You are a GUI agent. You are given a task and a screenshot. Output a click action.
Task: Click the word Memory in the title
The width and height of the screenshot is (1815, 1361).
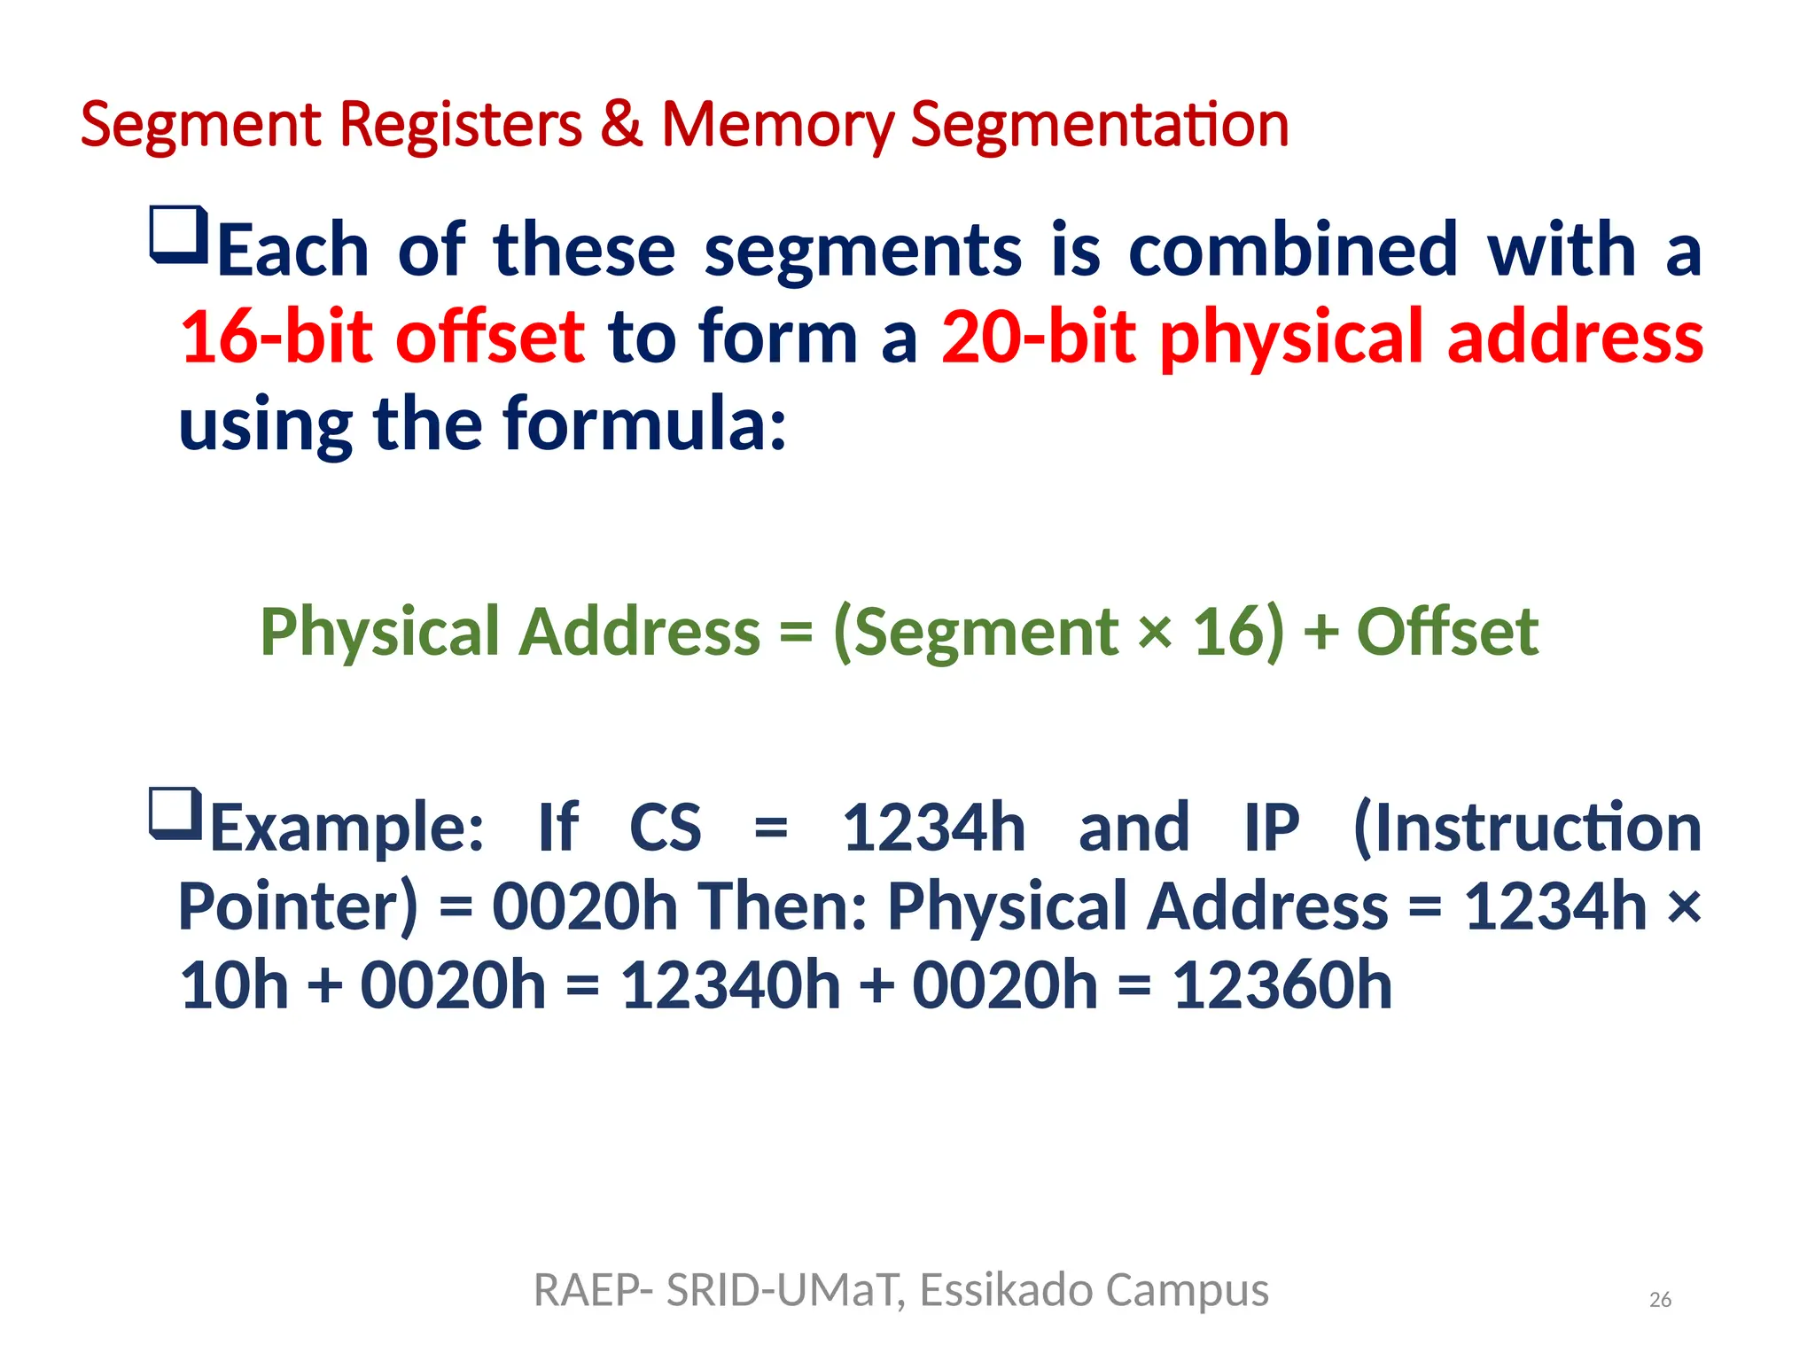pos(777,126)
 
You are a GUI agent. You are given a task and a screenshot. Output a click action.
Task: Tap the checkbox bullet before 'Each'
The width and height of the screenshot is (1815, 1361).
pos(179,235)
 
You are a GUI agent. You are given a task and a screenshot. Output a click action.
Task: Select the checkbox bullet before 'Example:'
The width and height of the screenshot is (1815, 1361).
pos(176,813)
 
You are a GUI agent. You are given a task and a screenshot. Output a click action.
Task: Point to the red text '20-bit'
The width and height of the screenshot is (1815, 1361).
pos(1038,337)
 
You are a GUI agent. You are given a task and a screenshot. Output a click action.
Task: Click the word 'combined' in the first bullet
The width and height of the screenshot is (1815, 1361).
pos(1293,250)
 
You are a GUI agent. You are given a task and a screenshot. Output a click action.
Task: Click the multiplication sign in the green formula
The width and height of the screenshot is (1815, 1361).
pos(1155,631)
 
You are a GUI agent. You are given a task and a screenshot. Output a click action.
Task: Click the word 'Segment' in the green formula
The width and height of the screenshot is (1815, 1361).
pos(977,633)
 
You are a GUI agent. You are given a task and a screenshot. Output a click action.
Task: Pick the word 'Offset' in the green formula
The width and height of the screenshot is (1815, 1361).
pos(1447,631)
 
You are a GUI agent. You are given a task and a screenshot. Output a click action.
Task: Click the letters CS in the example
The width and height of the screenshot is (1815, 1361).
pos(665,828)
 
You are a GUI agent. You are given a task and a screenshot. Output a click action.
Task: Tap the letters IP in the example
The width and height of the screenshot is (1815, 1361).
pos(1272,828)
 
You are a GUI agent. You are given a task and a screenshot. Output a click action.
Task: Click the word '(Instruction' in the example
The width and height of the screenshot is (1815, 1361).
pos(1527,828)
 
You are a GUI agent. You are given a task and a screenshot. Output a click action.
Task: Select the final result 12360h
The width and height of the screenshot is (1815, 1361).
pos(1282,985)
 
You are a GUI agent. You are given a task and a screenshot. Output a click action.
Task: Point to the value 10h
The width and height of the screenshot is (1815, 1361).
pos(234,985)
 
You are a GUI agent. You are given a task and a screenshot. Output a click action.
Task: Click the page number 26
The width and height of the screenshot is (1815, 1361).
pos(1660,1300)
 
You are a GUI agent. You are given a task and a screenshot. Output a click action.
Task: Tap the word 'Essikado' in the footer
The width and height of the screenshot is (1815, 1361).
pos(1006,1290)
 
